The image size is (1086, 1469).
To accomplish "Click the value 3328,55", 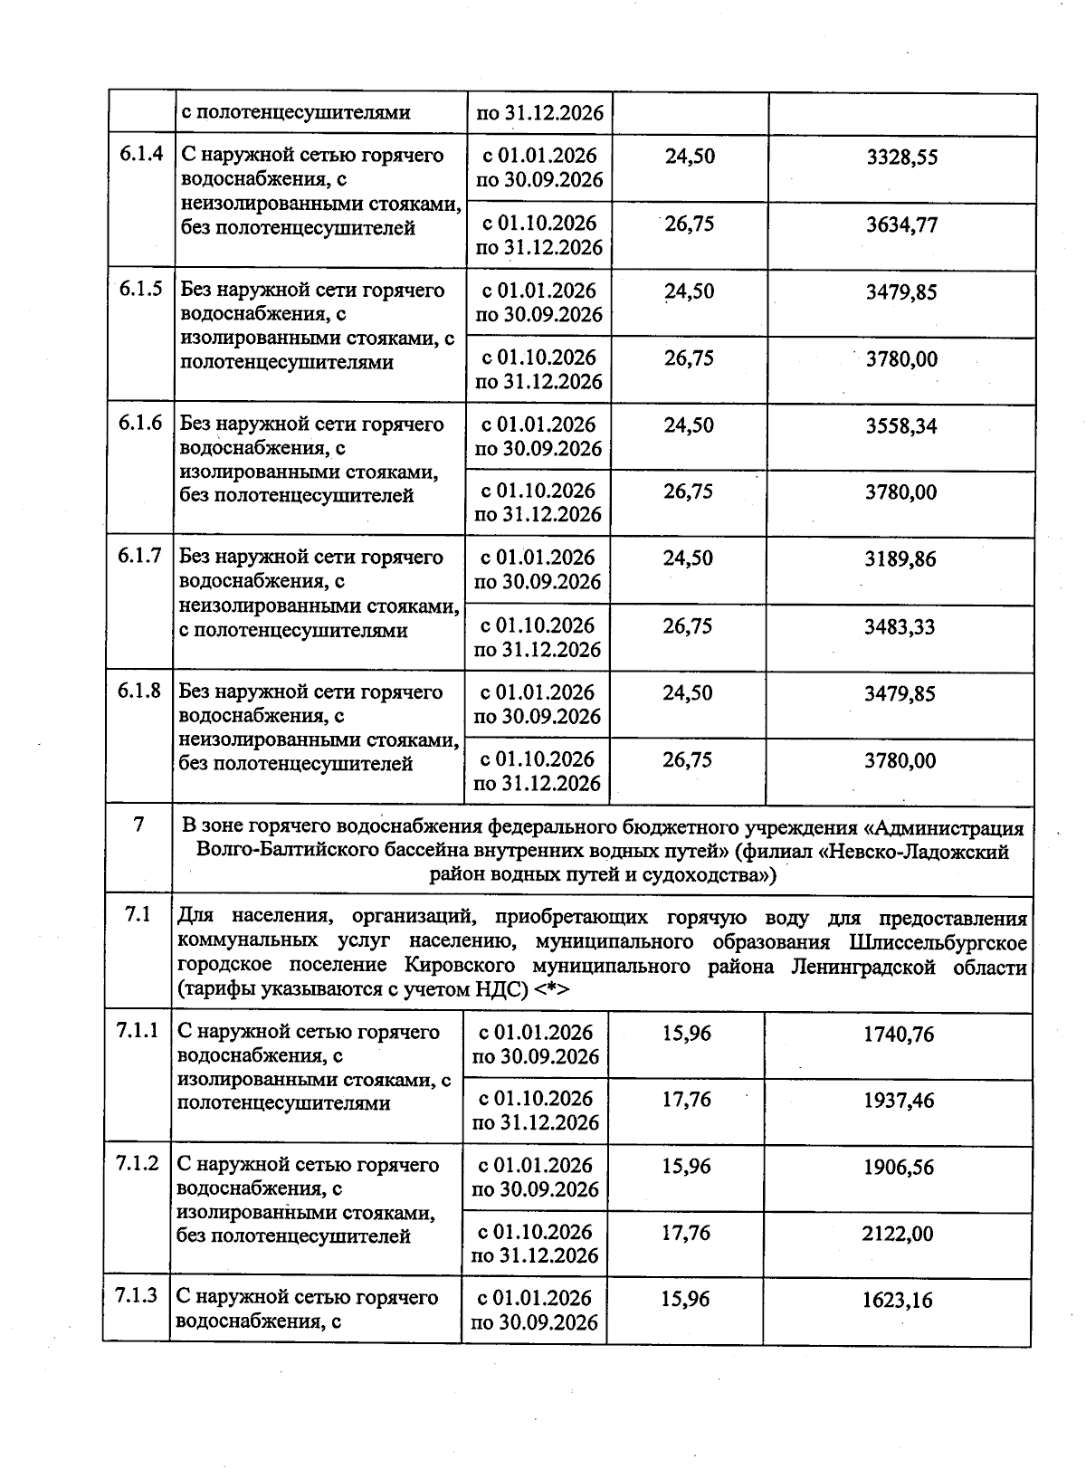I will tap(901, 157).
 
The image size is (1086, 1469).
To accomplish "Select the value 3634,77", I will tap(901, 224).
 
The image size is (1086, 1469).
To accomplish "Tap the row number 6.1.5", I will tap(140, 290).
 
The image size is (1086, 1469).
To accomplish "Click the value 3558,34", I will tap(900, 426).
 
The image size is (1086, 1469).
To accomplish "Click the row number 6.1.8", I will tap(139, 692).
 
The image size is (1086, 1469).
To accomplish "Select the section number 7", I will tap(138, 825).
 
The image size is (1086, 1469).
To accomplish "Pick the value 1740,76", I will tap(898, 1034).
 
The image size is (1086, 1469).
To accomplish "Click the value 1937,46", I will tap(898, 1101).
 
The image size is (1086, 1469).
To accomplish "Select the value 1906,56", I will tap(898, 1168).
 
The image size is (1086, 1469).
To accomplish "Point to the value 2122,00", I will tap(898, 1234).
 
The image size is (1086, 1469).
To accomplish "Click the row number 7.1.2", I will tap(138, 1164).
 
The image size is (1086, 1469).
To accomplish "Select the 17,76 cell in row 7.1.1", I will tap(686, 1100).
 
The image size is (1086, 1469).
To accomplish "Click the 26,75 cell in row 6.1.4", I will tap(690, 224).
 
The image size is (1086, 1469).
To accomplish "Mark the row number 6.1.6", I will tap(140, 424).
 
